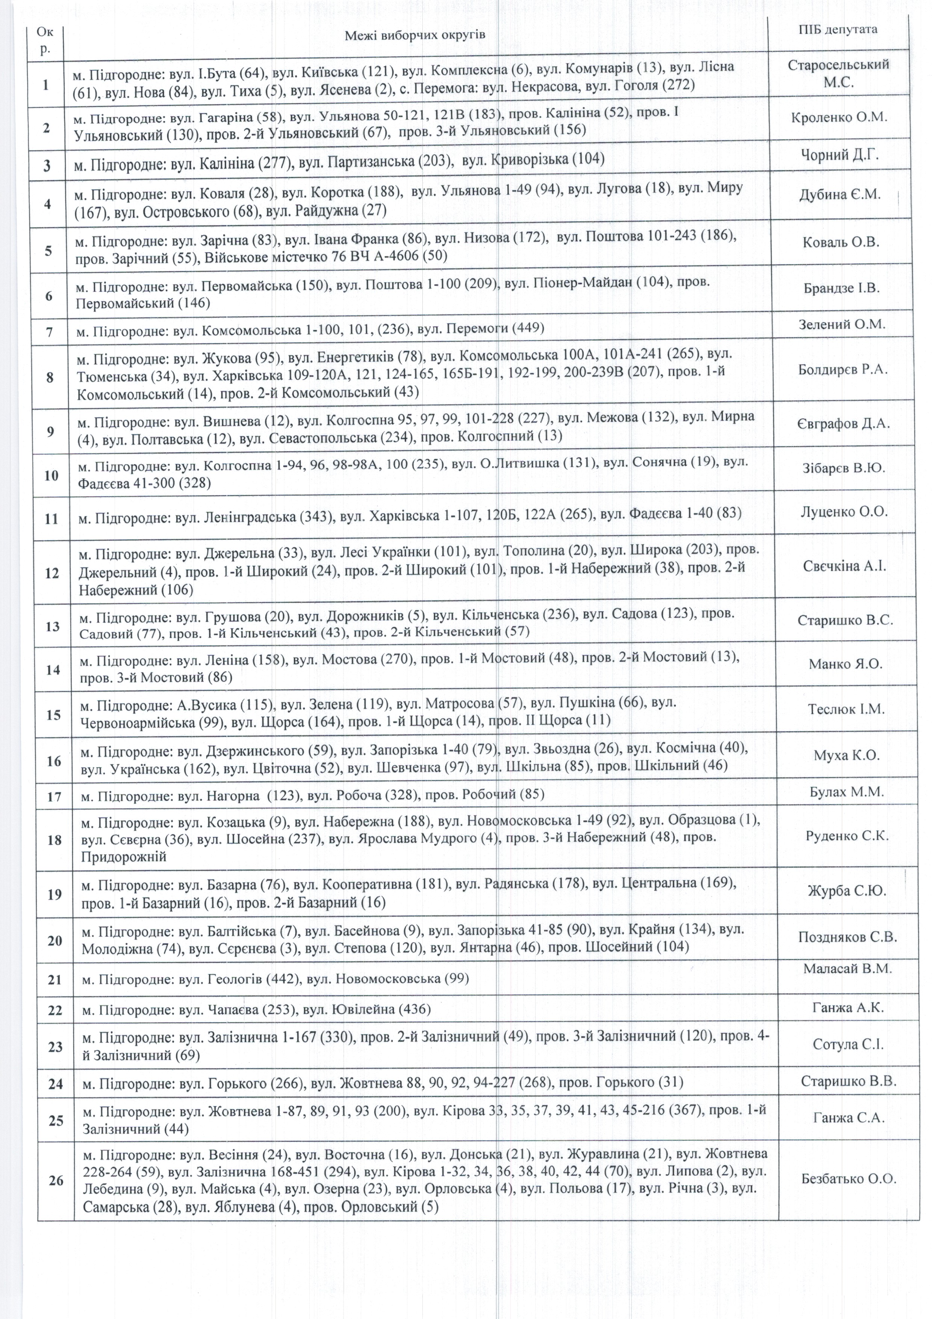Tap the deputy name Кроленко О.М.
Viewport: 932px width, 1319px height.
pyautogui.click(x=839, y=117)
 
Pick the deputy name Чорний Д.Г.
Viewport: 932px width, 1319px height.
pyautogui.click(x=839, y=155)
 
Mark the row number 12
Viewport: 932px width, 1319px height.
pyautogui.click(x=52, y=573)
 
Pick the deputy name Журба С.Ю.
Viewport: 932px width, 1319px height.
pyautogui.click(x=846, y=891)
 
